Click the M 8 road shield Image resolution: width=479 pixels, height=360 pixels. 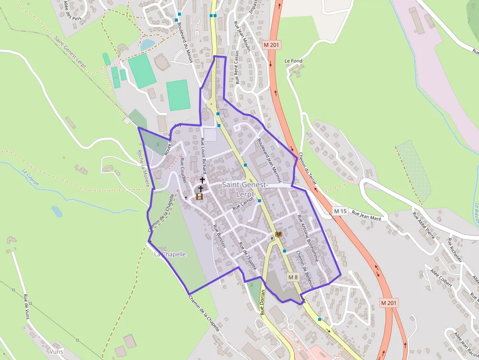pyautogui.click(x=293, y=277)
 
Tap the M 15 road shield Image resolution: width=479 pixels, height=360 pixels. pyautogui.click(x=340, y=211)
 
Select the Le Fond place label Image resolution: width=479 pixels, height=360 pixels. pyautogui.click(x=293, y=61)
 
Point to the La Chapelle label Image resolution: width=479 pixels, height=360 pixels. pyautogui.click(x=170, y=254)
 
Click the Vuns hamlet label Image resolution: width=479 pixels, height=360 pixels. pyautogui.click(x=56, y=351)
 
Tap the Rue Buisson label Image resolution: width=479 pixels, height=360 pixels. pyautogui.click(x=218, y=236)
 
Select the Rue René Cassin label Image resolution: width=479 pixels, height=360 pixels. pyautogui.click(x=238, y=67)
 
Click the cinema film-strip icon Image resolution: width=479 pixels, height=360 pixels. pyautogui.click(x=199, y=196)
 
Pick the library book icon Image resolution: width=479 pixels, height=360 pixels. pyautogui.click(x=279, y=235)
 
